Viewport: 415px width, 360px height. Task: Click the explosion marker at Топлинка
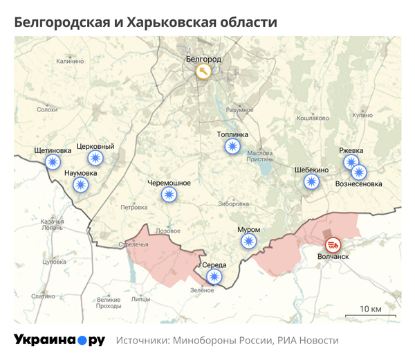coord(232,146)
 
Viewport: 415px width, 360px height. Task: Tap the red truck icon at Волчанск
coord(333,244)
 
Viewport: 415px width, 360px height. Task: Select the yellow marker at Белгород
coord(203,71)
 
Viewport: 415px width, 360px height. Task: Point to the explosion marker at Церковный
coord(95,159)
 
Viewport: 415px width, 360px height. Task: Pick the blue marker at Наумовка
coord(81,184)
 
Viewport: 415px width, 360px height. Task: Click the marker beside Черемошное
coord(169,195)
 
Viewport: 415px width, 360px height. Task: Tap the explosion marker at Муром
coord(248,241)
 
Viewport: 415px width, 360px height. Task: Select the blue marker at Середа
coord(214,277)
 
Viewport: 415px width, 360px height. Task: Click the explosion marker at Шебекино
coord(312,181)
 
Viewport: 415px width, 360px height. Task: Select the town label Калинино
coord(70,62)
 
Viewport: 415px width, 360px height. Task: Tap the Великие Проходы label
coord(109,303)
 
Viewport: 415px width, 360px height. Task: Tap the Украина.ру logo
coord(59,340)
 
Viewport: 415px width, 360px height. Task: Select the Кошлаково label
coord(313,118)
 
